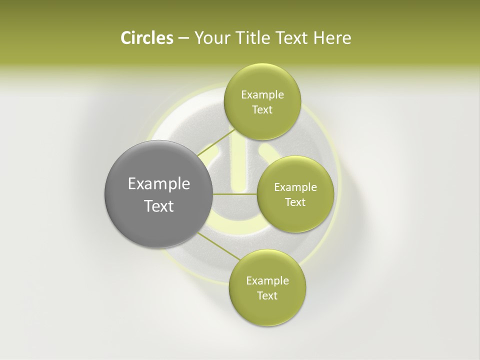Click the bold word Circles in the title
[147, 38]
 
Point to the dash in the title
[183, 38]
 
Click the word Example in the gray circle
[159, 184]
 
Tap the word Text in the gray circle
[159, 206]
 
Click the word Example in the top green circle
[262, 95]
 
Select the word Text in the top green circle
[262, 110]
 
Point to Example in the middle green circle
[295, 187]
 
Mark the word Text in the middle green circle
[295, 202]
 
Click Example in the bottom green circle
[267, 281]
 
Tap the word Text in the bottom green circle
[267, 296]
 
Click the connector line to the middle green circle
[235, 194]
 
